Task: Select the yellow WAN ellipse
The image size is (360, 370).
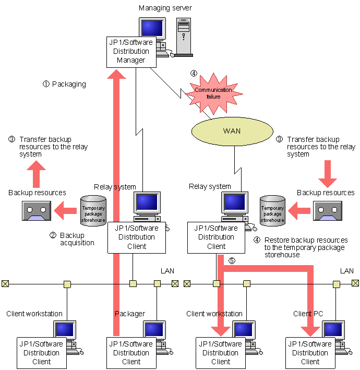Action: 232,130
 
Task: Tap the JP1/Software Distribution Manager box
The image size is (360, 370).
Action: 131,52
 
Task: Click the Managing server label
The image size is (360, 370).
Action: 165,8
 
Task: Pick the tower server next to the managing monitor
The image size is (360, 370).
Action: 183,37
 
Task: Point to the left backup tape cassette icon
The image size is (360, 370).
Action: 36,211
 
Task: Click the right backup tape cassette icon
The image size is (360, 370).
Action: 326,211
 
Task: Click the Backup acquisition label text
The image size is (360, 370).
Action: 77,239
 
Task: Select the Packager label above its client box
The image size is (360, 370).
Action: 130,314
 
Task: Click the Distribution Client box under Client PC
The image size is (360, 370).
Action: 310,352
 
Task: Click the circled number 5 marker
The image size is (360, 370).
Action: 232,260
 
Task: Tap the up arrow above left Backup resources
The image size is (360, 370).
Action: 37,174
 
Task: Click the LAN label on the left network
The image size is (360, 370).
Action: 167,271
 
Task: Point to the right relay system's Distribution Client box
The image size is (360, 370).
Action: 216,237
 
